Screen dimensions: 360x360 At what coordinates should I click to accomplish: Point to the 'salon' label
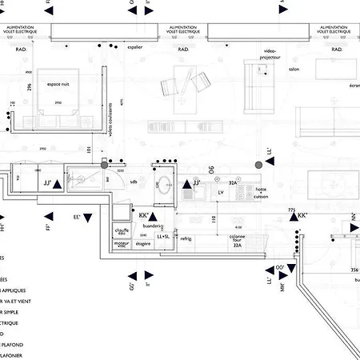coord(293,70)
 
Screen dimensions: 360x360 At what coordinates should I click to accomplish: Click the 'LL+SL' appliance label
coord(164,237)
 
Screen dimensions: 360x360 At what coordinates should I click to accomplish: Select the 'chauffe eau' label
coord(122,233)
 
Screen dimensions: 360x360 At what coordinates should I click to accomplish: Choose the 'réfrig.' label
coord(186,238)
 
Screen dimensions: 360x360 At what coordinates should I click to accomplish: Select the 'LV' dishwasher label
coord(220,192)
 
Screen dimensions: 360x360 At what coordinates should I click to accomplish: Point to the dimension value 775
coord(292,210)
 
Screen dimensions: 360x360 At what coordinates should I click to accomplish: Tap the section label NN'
coord(353,216)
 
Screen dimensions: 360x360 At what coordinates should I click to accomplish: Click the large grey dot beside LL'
coord(258,164)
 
